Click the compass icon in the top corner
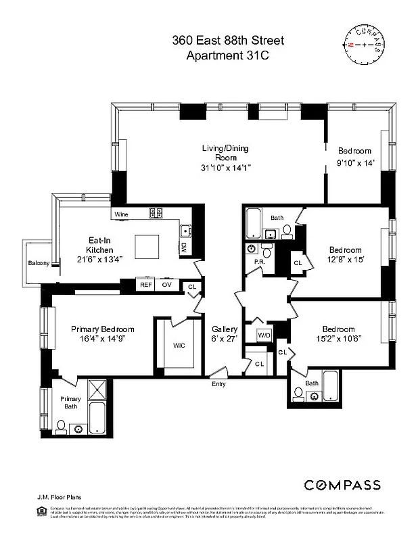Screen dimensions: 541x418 [x=365, y=45]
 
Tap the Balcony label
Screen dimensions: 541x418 [x=38, y=264]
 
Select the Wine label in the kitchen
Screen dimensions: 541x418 [x=121, y=214]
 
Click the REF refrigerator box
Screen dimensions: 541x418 [x=145, y=285]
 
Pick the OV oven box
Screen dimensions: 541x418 [x=167, y=285]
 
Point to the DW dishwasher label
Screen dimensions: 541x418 [x=183, y=248]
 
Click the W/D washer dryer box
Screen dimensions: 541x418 [x=264, y=335]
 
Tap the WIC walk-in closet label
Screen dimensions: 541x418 [x=179, y=346]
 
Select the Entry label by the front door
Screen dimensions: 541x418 [x=218, y=384]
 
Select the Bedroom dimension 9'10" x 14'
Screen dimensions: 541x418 [x=355, y=163]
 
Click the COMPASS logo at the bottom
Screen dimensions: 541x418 [x=342, y=485]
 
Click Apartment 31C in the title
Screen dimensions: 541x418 [x=227, y=56]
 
